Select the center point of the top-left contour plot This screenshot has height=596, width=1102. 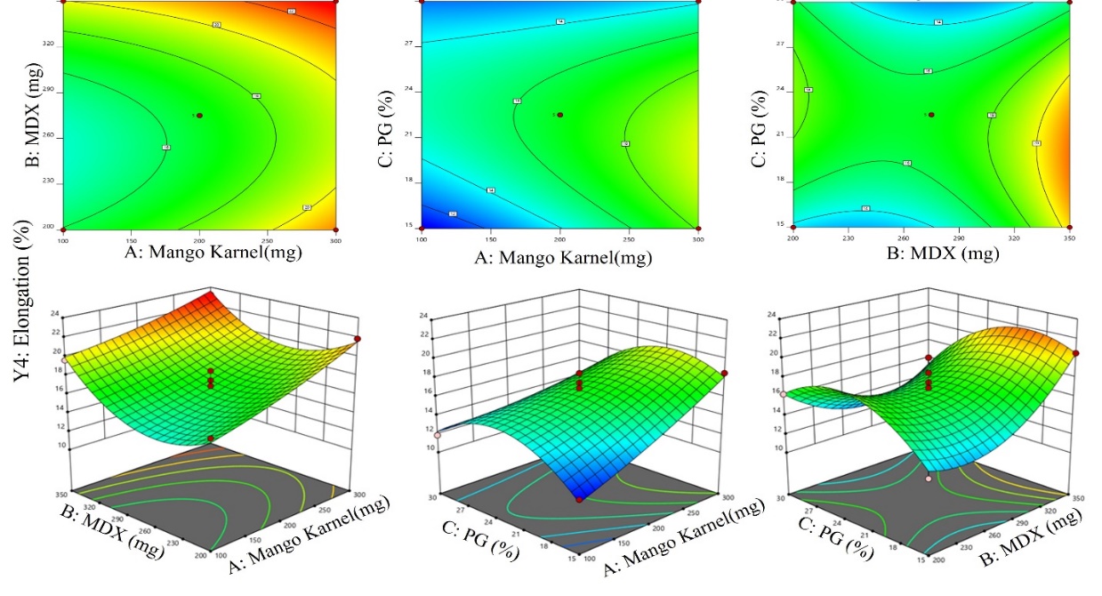point(199,116)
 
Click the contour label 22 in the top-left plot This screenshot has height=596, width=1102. point(291,12)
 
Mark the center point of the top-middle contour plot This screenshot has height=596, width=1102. point(559,114)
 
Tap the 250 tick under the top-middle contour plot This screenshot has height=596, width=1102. point(628,240)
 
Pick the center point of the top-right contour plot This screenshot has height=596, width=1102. point(931,114)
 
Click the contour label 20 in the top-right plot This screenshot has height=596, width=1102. point(1037,143)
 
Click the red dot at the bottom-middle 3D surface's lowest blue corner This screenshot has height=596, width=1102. point(579,500)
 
